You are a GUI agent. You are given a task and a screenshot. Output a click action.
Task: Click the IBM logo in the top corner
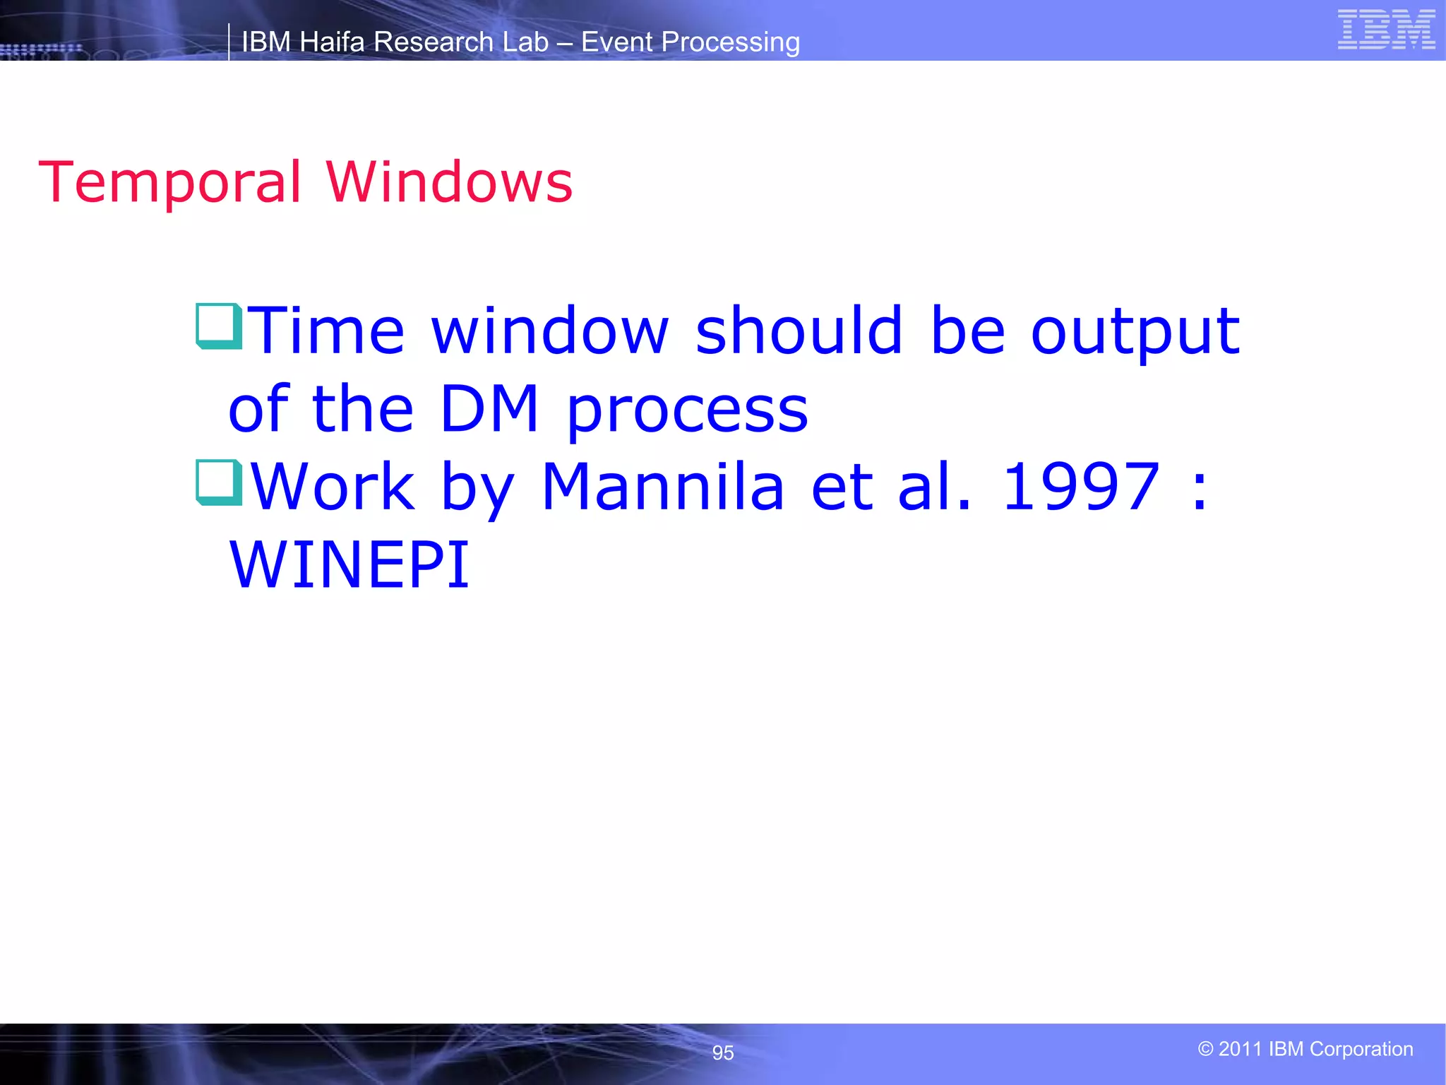pyautogui.click(x=1386, y=30)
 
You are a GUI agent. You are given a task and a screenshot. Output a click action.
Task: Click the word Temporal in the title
pyautogui.click(x=170, y=182)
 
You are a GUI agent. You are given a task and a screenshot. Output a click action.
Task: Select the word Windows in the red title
pyautogui.click(x=449, y=182)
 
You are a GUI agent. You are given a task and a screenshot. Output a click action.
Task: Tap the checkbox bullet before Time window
pyautogui.click(x=219, y=326)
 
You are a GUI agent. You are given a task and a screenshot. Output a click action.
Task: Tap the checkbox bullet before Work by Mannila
pyautogui.click(x=219, y=482)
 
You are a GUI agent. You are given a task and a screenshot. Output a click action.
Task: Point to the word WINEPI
pyautogui.click(x=349, y=564)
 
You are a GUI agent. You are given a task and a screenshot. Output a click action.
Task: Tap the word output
pyautogui.click(x=1135, y=332)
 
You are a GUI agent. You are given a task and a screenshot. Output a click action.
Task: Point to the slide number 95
pyautogui.click(x=723, y=1053)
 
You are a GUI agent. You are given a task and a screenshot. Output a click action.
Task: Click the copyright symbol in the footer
pyautogui.click(x=1205, y=1049)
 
